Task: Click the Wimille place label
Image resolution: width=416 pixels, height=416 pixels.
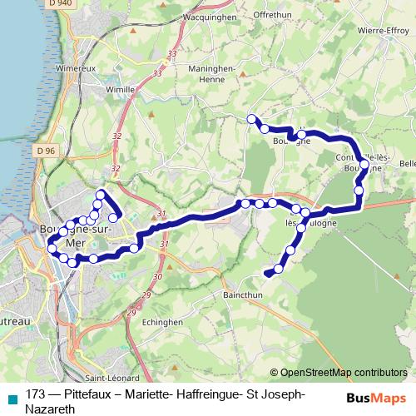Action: [120, 87]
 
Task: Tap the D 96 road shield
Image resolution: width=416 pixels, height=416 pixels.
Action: [45, 150]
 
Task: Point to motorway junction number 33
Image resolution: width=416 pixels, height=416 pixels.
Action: [172, 55]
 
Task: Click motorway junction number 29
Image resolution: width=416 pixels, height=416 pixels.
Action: [146, 295]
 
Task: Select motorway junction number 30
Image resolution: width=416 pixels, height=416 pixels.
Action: [157, 276]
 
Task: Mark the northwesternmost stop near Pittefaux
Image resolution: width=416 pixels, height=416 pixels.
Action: [251, 119]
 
